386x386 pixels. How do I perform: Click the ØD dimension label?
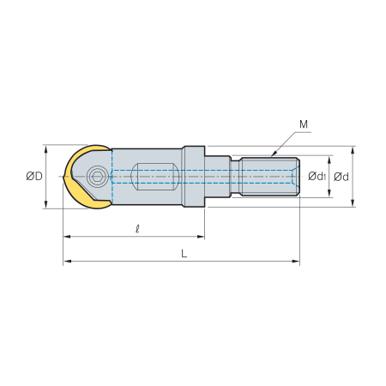pyautogui.click(x=34, y=176)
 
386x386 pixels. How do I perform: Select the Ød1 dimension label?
pyautogui.click(x=317, y=177)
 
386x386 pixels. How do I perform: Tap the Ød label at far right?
pyautogui.click(x=341, y=177)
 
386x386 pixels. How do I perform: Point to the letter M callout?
pyautogui.click(x=304, y=124)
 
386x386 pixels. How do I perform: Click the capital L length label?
pyautogui.click(x=184, y=253)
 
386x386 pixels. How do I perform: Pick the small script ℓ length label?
pyautogui.click(x=137, y=229)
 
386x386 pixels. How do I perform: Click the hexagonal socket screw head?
pyautogui.click(x=97, y=177)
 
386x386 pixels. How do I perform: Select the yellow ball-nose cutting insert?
pyautogui.click(x=87, y=177)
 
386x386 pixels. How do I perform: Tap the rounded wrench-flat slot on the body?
pyautogui.click(x=154, y=177)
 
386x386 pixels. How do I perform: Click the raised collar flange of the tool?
pyautogui.click(x=194, y=177)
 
